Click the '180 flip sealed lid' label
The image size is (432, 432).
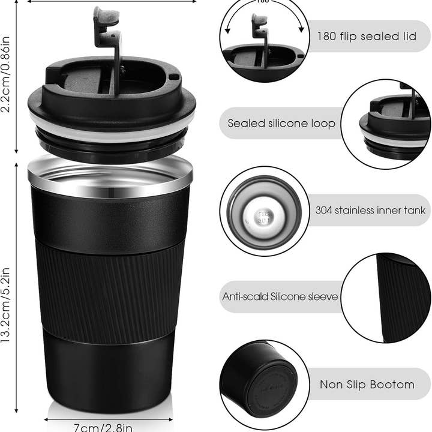(x=366, y=36)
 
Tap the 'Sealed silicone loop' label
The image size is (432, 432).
(x=281, y=124)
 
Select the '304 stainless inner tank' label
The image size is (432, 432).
(x=370, y=210)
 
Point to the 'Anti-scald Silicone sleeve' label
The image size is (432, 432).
(x=280, y=296)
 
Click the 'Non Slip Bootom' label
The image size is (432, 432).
(x=367, y=385)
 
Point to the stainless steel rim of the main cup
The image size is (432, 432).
(x=110, y=177)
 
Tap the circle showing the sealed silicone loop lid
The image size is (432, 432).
(x=387, y=124)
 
